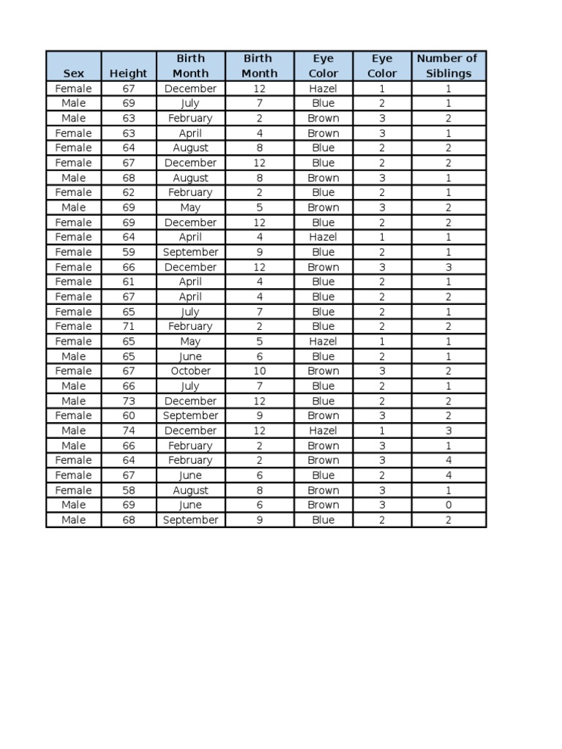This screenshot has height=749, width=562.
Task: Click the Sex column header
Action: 73,73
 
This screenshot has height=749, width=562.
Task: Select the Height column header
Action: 128,73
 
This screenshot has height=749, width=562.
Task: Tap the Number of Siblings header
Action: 448,66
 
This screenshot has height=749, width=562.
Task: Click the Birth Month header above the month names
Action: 190,66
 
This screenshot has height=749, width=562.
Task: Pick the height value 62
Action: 129,192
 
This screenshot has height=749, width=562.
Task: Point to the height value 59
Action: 129,252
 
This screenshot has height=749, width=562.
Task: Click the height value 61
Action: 129,282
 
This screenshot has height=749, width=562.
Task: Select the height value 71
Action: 129,326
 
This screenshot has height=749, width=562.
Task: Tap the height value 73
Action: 129,401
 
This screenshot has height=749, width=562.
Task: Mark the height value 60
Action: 129,415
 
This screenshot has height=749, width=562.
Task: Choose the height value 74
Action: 129,431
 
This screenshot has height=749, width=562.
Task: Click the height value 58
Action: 129,490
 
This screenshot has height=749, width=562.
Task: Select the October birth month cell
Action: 190,371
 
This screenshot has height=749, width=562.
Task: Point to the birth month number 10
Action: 259,371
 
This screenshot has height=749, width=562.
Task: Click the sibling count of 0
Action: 449,505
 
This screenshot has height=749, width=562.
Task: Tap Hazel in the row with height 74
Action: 323,431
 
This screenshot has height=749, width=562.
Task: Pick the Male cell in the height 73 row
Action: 73,401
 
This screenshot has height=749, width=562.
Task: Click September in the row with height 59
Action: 190,252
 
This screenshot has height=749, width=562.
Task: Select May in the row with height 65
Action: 190,341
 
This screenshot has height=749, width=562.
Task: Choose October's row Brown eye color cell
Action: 323,371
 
